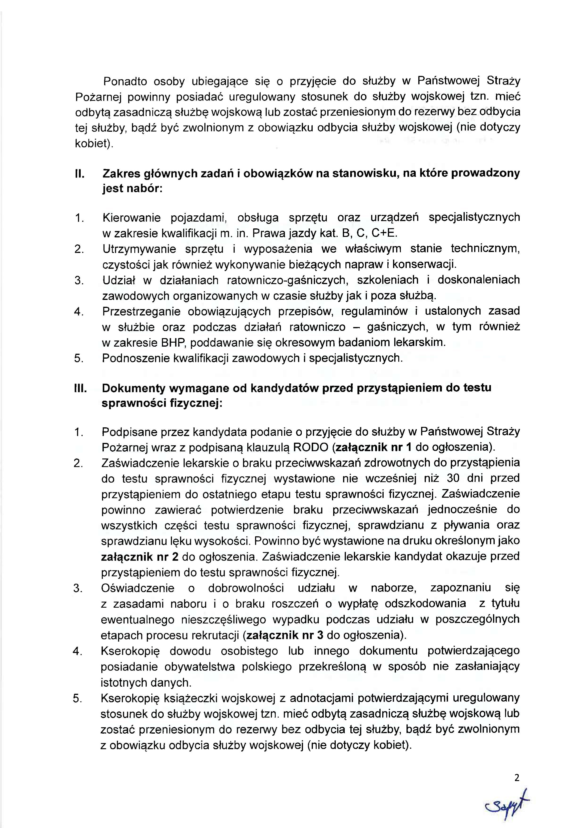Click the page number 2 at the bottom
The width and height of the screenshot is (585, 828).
click(x=517, y=778)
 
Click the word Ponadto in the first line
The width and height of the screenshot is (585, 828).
click(x=125, y=81)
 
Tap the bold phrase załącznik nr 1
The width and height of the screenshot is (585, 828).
click(x=374, y=447)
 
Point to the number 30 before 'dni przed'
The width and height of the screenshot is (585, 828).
click(x=453, y=478)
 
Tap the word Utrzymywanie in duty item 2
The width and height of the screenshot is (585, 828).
click(x=139, y=249)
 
